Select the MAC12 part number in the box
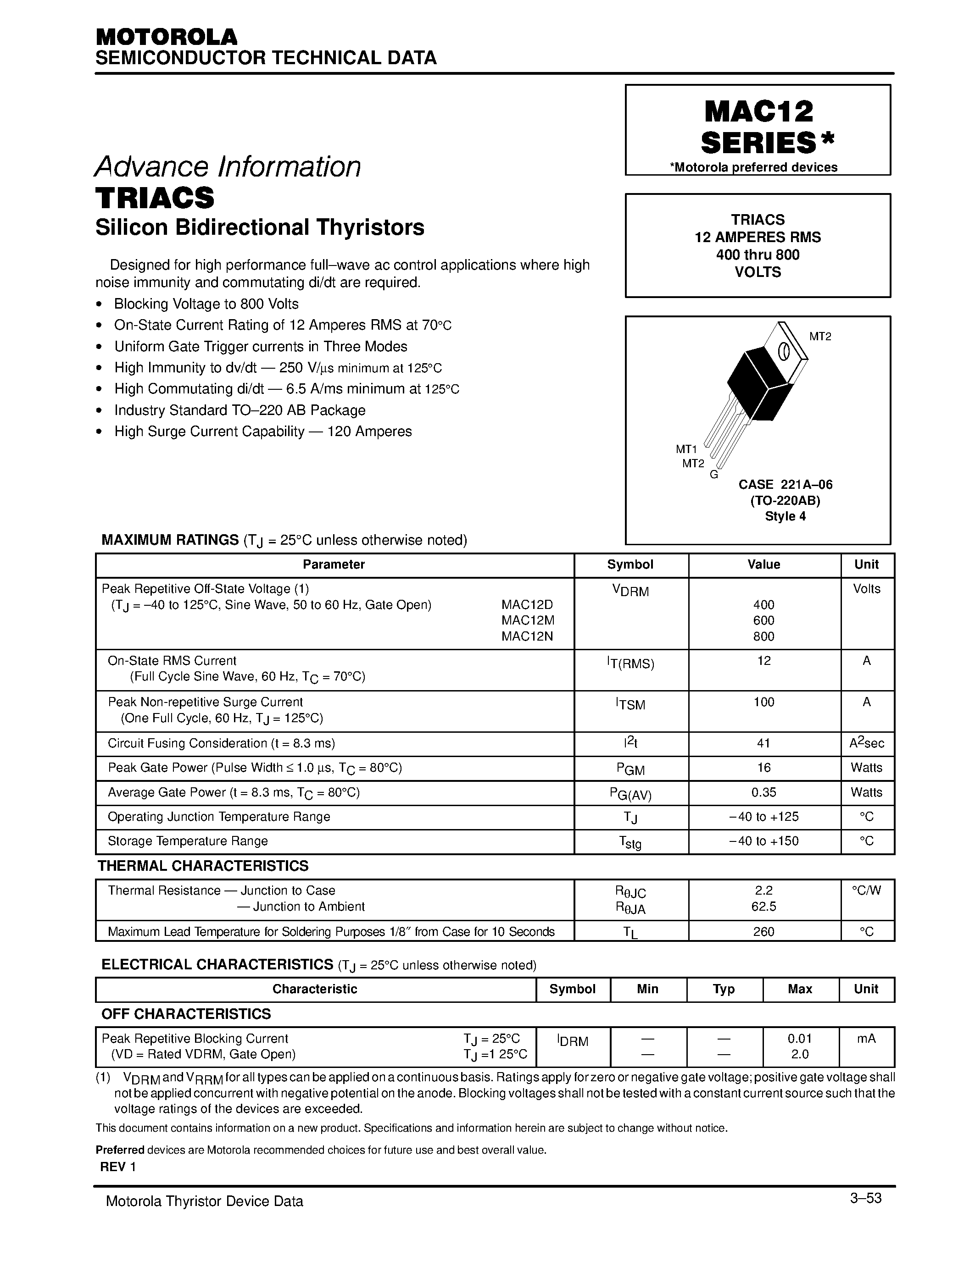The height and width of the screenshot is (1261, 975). coord(758,111)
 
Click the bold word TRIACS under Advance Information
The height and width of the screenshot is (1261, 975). coord(155,198)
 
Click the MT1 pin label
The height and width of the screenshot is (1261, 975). coord(686,448)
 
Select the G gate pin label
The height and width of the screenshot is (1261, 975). coord(714,475)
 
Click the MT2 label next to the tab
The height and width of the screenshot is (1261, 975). coord(819,336)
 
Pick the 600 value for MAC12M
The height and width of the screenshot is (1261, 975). coord(763,620)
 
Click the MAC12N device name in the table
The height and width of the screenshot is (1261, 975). coord(527,636)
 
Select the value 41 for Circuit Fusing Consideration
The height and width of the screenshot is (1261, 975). coord(763,743)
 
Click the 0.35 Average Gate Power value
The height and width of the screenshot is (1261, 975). coord(763,792)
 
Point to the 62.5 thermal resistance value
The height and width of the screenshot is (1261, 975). coord(763,907)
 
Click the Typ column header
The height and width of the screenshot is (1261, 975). coord(724,989)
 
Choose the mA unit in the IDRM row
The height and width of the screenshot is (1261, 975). coord(866,1039)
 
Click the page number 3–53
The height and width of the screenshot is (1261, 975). coord(865,1198)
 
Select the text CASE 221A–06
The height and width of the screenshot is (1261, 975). coord(785,484)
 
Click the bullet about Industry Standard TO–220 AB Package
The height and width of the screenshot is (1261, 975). coord(240,410)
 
